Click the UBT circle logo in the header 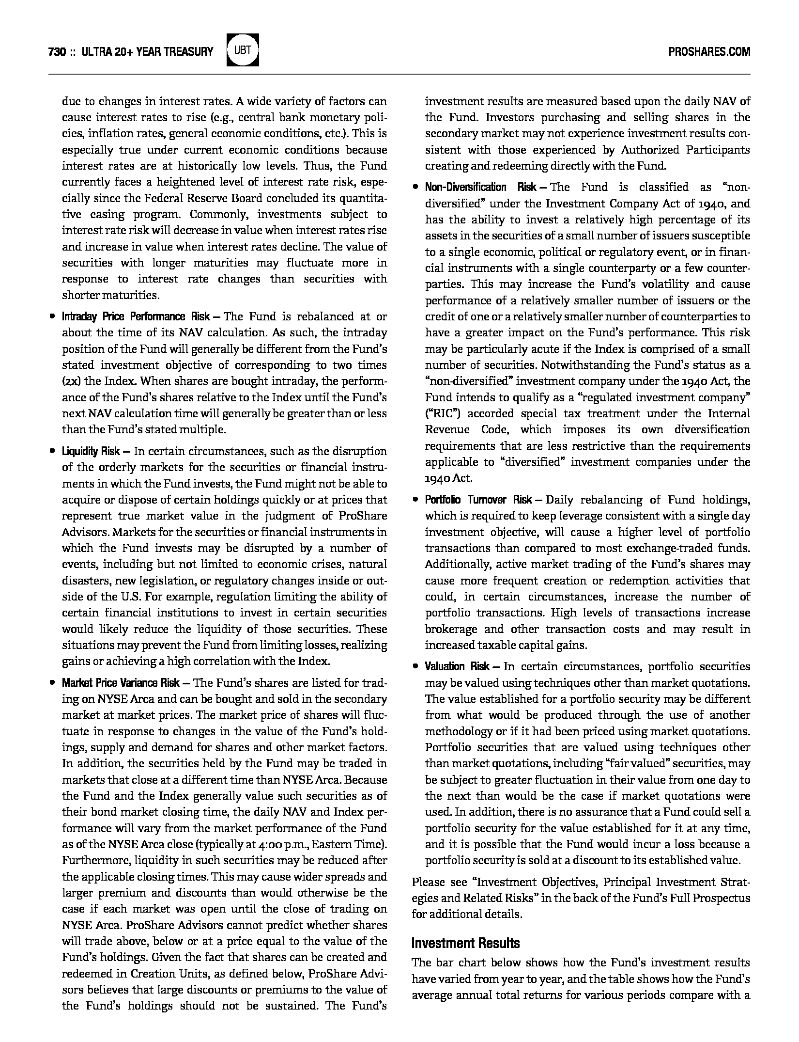click(x=243, y=50)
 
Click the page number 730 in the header click(x=57, y=52)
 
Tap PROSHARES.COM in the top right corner click(x=709, y=52)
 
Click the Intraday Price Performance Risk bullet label click(x=136, y=317)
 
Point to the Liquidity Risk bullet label click(x=91, y=452)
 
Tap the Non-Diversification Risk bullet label click(x=480, y=188)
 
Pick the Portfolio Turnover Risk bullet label click(x=478, y=500)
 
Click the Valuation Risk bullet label click(x=458, y=667)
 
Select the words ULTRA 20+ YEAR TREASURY click(x=148, y=52)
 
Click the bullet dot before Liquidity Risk click(x=52, y=452)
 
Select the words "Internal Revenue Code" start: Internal click(x=728, y=414)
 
